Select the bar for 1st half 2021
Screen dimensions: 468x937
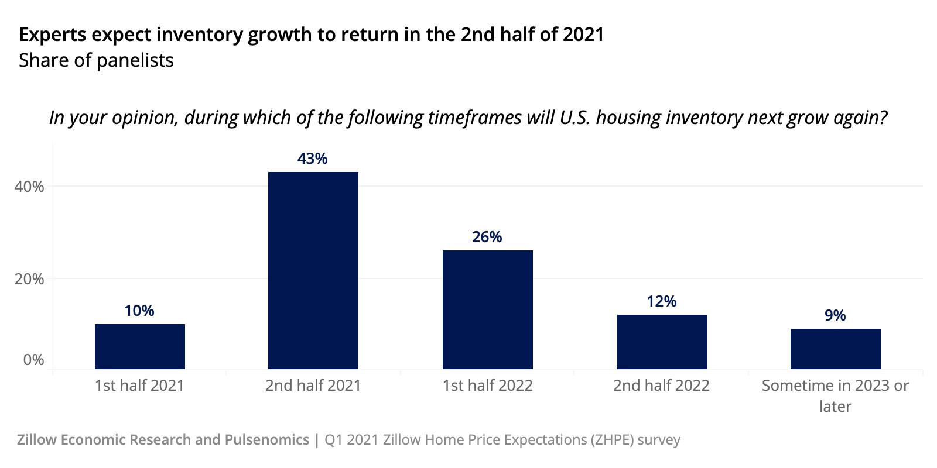point(139,346)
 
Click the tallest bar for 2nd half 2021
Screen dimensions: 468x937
point(313,270)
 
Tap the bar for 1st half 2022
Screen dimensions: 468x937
point(487,309)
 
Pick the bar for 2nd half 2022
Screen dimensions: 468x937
point(662,342)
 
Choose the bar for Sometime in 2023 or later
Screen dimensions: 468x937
point(835,349)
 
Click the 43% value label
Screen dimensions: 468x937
point(312,159)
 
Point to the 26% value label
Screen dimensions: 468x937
point(487,237)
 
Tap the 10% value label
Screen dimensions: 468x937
point(139,311)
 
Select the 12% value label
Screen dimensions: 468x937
point(661,301)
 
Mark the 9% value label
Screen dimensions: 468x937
point(835,315)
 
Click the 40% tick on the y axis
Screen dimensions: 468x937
point(29,187)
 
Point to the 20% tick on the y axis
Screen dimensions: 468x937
point(29,279)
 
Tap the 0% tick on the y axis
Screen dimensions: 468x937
point(33,360)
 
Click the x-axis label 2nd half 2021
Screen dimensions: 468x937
point(313,386)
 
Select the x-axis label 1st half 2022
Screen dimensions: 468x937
point(487,386)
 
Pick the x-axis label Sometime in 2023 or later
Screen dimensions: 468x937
point(835,395)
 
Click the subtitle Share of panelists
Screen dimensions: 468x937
point(96,60)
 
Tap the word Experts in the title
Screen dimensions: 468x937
point(53,35)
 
